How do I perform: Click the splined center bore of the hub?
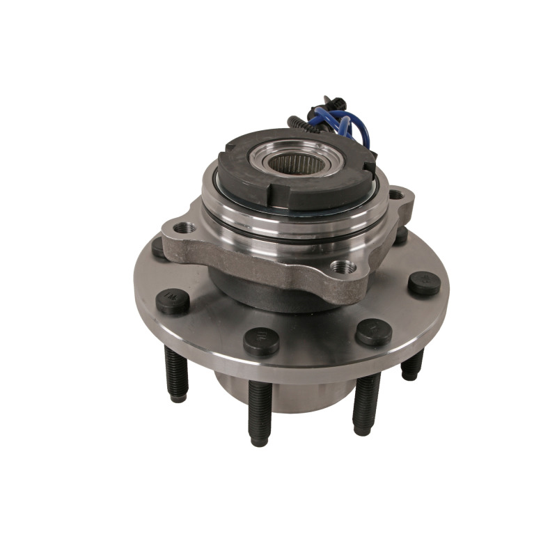[x=287, y=165]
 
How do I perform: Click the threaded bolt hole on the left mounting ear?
[x=185, y=228]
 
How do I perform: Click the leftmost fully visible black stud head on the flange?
[x=172, y=301]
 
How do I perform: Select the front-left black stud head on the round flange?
[x=261, y=341]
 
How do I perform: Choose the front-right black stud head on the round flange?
[x=373, y=331]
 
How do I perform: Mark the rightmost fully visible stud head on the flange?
[x=424, y=283]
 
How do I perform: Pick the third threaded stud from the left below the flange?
[x=366, y=404]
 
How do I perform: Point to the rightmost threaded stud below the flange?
[x=412, y=365]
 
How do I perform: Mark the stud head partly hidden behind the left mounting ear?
[x=159, y=248]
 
